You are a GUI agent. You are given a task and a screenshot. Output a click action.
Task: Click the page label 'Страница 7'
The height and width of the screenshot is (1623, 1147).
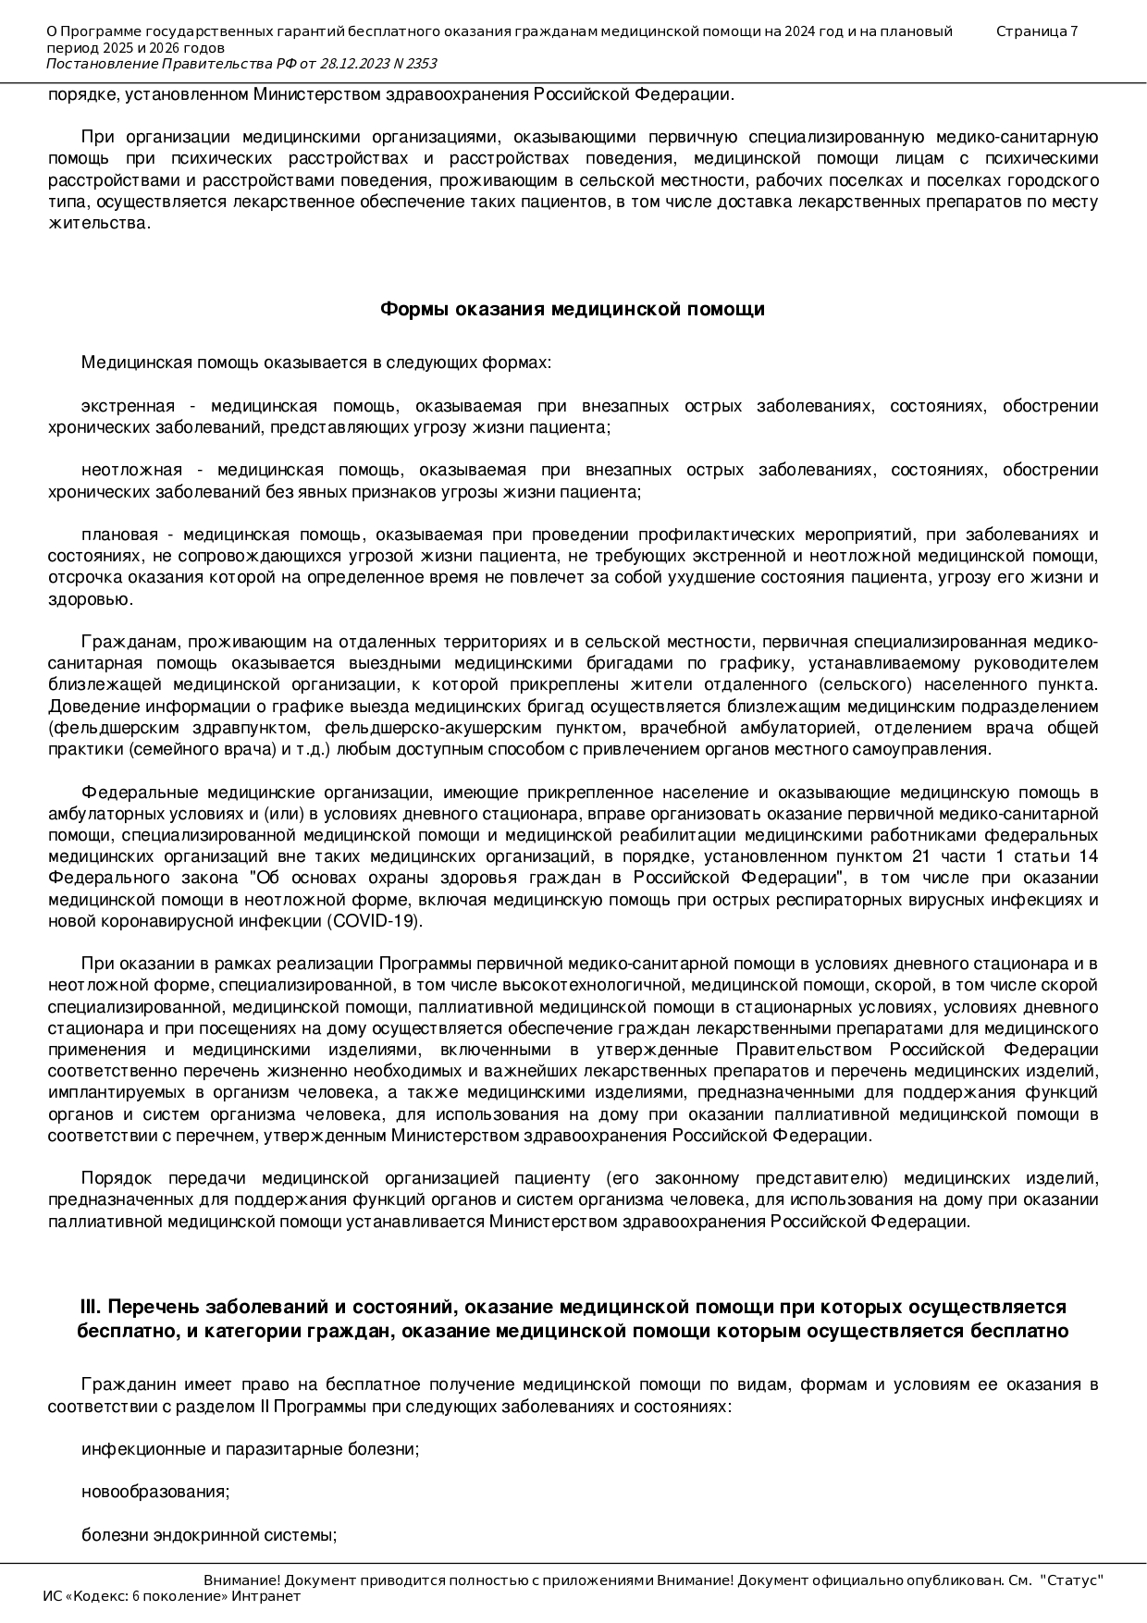click(x=1036, y=31)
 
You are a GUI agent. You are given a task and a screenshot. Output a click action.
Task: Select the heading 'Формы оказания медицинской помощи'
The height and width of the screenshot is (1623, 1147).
click(x=573, y=310)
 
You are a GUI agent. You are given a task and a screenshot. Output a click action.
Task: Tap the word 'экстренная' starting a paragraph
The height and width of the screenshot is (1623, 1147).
click(x=128, y=406)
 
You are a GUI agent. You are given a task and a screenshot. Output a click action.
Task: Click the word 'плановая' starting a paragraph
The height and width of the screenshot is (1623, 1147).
click(x=119, y=535)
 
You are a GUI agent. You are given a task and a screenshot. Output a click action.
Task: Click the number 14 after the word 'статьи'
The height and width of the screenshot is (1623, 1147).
click(x=1088, y=856)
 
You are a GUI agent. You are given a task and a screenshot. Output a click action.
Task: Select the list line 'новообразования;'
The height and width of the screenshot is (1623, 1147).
click(x=155, y=1492)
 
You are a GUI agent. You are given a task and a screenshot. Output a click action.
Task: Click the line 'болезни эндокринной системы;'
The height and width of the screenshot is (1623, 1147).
click(x=208, y=1535)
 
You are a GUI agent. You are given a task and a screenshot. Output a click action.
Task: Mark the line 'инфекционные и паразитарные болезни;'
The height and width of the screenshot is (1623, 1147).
click(x=250, y=1449)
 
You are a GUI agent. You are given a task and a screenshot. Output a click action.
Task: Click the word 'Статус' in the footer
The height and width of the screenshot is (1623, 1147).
click(x=1071, y=1580)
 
